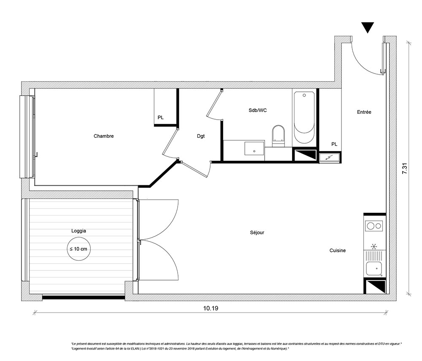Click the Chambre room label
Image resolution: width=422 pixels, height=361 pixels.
104,136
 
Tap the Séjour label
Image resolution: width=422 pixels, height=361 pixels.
257,233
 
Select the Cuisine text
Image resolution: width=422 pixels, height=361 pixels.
338,250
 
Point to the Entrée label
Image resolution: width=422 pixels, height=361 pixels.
364,112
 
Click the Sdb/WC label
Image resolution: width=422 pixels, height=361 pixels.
257,110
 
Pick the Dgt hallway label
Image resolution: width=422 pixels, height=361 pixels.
201,136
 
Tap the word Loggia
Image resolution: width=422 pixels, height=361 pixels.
78,231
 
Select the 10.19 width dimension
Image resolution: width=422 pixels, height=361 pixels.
211,308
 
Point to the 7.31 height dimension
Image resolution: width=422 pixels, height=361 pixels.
405,168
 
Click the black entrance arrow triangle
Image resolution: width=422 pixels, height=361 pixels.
368,27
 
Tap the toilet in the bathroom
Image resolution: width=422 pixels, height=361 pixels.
278,136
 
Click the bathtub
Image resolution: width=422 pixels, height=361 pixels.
304,118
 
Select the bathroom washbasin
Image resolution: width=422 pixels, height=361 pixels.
254,149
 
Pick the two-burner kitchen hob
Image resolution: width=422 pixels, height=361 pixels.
374,226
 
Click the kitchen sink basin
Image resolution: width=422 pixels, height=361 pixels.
374,269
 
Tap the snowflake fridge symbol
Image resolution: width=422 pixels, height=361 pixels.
374,246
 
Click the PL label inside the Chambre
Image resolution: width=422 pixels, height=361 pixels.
161,118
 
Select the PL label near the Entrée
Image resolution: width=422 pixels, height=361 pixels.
334,144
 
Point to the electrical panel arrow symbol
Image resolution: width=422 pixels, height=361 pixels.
330,158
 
